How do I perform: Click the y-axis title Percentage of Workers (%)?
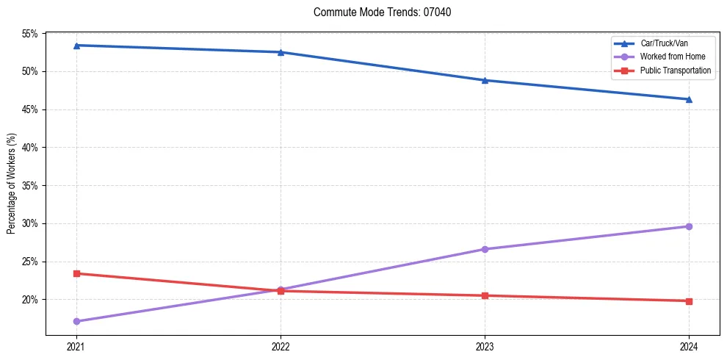tap(12, 184)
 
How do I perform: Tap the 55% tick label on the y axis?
tap(30, 34)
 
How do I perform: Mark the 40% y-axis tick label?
tap(30, 148)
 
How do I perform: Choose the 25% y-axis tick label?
tap(30, 262)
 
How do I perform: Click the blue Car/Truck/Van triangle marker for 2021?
tap(76, 46)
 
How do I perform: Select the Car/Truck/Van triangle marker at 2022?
tap(281, 52)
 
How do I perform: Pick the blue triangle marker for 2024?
tap(689, 99)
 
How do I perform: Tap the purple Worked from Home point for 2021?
tap(76, 321)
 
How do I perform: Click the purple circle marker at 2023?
tap(485, 249)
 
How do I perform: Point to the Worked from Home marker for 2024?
tap(689, 226)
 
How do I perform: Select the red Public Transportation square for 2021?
tap(76, 273)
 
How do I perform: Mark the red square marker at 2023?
tap(485, 295)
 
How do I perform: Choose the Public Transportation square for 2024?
tap(689, 301)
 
